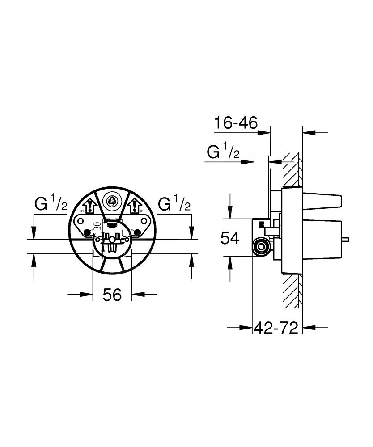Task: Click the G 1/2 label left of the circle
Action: pyautogui.click(x=51, y=204)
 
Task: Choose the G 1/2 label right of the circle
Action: pyautogui.click(x=174, y=204)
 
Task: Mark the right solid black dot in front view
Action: pyautogui.click(x=138, y=232)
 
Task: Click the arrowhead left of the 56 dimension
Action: pyautogui.click(x=88, y=294)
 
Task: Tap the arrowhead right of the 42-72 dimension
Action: pyautogui.click(x=308, y=328)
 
